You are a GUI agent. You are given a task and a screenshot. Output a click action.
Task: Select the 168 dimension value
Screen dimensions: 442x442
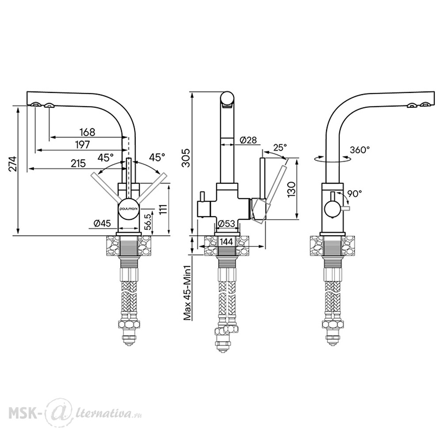click(x=88, y=132)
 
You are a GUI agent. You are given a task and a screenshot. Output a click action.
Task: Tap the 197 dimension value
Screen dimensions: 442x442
click(x=82, y=145)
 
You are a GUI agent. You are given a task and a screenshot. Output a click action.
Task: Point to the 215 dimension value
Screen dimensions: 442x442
click(x=78, y=163)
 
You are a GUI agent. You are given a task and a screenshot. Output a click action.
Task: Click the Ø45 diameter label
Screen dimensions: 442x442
click(x=103, y=223)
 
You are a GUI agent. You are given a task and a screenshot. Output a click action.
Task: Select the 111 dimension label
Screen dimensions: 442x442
click(x=163, y=210)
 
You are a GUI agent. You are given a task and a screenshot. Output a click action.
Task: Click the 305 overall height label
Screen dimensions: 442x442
click(x=187, y=158)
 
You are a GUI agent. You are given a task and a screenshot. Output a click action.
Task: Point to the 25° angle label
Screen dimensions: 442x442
click(x=280, y=148)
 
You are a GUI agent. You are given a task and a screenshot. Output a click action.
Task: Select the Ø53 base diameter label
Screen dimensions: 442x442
click(x=227, y=224)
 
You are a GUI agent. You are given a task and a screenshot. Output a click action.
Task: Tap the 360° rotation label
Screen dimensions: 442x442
click(x=360, y=150)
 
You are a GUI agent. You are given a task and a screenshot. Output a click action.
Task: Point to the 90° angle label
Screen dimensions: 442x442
click(x=354, y=194)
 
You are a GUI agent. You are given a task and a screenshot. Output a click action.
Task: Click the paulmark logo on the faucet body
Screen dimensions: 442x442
click(x=128, y=209)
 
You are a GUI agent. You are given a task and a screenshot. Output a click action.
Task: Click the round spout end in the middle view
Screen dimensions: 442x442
click(x=227, y=99)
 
